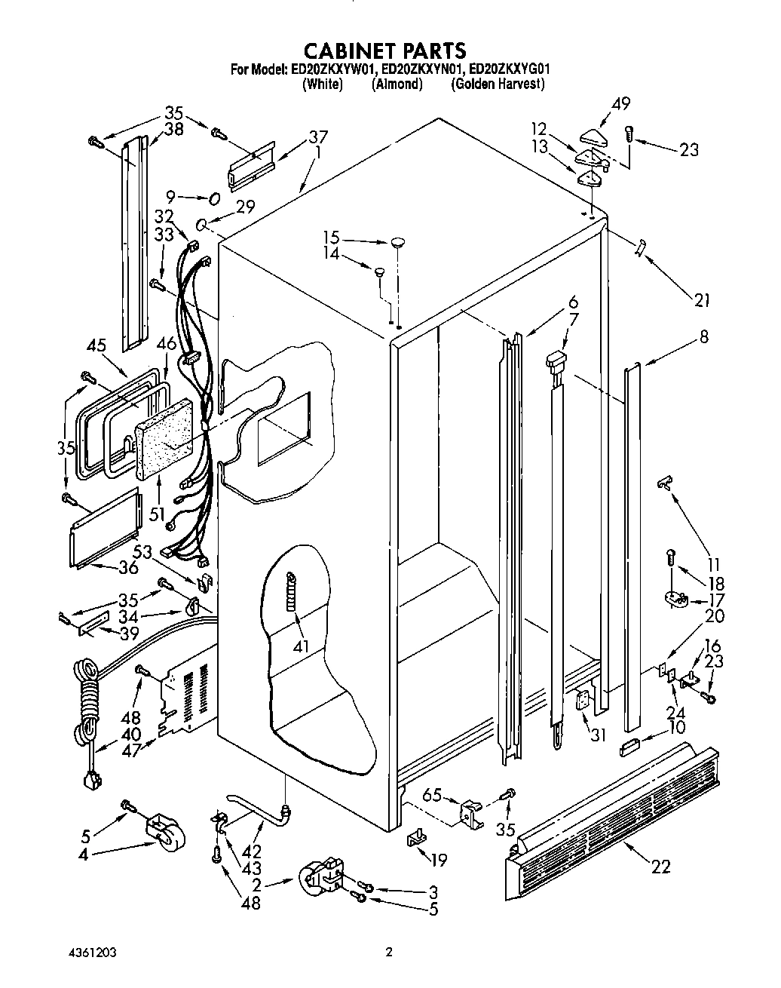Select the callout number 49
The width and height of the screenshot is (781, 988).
(621, 103)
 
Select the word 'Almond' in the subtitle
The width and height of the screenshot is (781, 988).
(397, 84)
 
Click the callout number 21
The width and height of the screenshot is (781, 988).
(703, 300)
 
